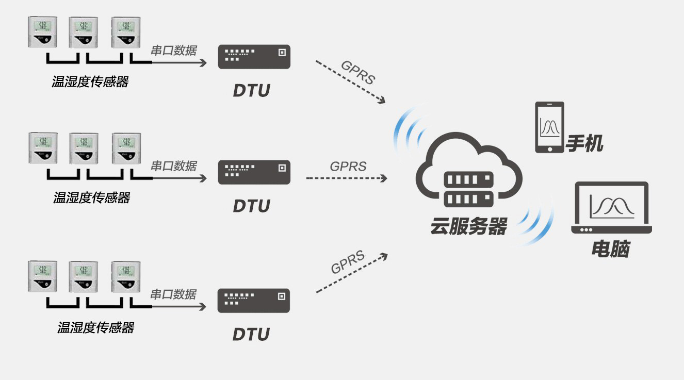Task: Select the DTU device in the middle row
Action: point(254,172)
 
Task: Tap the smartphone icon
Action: point(549,127)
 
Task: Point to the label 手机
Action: point(584,143)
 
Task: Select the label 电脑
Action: point(610,250)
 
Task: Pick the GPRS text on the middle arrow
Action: point(348,167)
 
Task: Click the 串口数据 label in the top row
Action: point(173,50)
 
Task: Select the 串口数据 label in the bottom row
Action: point(173,294)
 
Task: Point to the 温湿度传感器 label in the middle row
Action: point(92,198)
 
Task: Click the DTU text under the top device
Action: point(252,91)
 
